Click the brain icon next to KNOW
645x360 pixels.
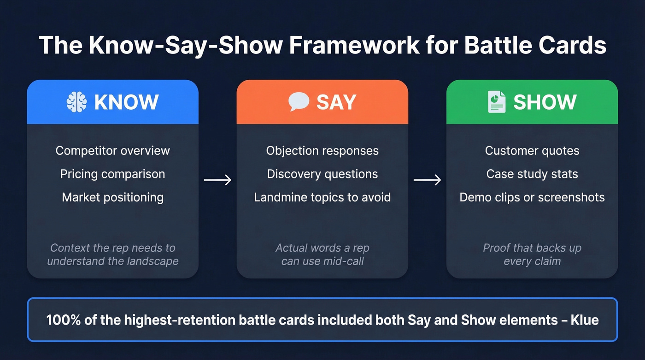(x=76, y=102)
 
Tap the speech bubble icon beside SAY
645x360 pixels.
(x=299, y=102)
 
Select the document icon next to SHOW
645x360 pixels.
(x=497, y=102)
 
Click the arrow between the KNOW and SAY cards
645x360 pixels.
(x=217, y=180)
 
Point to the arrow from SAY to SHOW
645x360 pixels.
(x=427, y=180)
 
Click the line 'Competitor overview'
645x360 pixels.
(x=112, y=151)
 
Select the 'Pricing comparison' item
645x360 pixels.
(x=112, y=174)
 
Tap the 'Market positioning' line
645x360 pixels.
(x=112, y=197)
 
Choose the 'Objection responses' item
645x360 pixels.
(x=322, y=151)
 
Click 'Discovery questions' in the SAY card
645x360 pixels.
(x=322, y=174)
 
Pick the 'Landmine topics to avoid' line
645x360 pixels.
(x=322, y=197)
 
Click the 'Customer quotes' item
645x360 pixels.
(x=532, y=151)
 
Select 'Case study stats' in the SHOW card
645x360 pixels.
(x=532, y=174)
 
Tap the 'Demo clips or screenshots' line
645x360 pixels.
(x=532, y=197)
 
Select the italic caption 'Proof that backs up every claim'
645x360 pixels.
(x=532, y=254)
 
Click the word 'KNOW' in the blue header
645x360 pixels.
(x=126, y=102)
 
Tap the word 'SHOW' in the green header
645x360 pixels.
(x=545, y=102)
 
